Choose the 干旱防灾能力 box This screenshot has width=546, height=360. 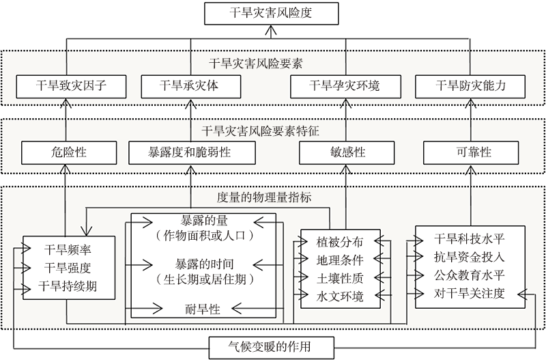click(470, 86)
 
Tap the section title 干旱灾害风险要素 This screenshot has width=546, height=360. click(257, 64)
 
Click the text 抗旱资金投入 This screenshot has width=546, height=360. click(470, 257)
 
